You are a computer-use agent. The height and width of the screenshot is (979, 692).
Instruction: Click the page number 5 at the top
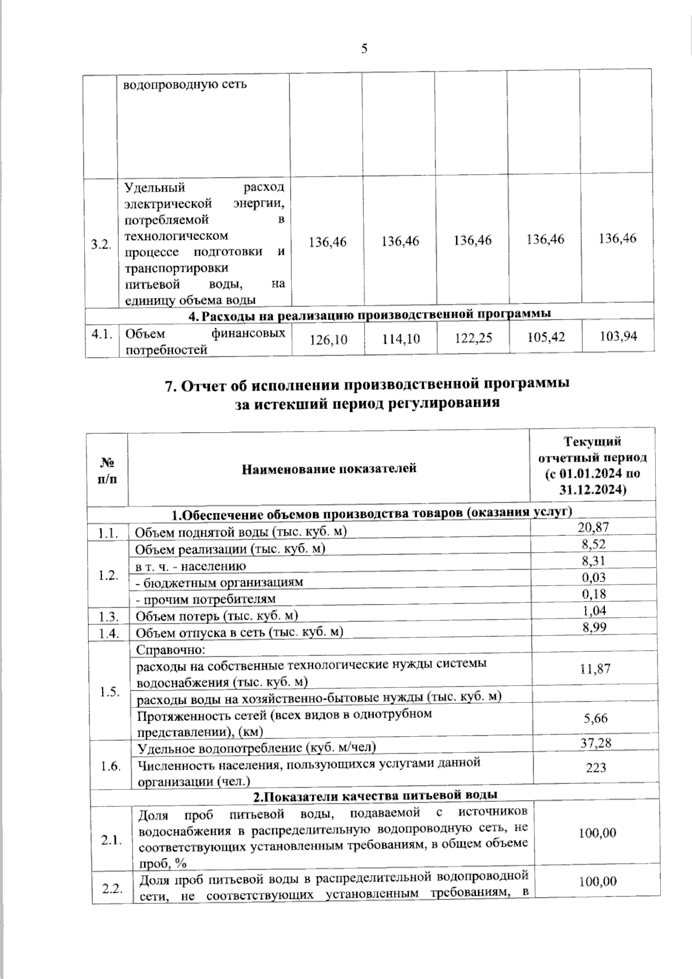[364, 48]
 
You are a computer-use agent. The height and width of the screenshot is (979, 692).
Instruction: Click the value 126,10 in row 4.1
[328, 339]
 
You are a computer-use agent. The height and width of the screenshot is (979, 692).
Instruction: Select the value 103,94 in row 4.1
[618, 336]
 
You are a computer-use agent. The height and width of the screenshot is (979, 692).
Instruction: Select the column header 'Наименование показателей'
[329, 468]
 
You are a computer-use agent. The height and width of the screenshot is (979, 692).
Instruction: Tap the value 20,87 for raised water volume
[593, 527]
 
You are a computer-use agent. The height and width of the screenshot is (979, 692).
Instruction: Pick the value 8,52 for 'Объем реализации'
[593, 544]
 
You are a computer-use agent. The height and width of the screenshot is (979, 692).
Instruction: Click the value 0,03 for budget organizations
[593, 577]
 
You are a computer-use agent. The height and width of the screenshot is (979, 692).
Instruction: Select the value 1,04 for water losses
[593, 611]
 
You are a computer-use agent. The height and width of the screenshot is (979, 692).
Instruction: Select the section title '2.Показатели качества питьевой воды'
[375, 795]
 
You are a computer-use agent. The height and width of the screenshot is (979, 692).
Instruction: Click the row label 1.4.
[108, 633]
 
